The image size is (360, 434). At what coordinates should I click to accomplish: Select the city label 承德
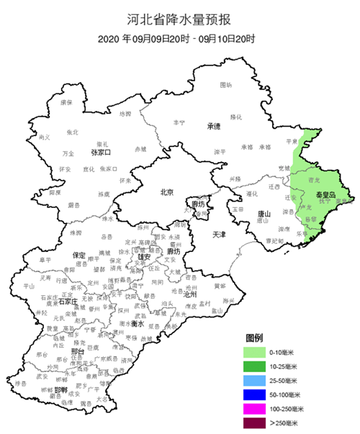(213, 126)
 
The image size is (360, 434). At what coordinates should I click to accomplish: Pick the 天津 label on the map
(219, 235)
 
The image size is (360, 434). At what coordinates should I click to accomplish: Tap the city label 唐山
(264, 214)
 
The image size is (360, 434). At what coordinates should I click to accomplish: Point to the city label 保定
(80, 255)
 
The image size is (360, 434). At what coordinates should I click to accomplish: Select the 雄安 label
(143, 256)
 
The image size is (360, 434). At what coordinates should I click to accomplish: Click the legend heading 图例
(254, 338)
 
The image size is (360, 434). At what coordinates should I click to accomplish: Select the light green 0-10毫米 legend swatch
(255, 353)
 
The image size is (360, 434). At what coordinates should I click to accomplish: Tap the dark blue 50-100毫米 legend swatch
(255, 395)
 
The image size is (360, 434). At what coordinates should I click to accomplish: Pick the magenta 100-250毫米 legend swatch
(255, 409)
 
